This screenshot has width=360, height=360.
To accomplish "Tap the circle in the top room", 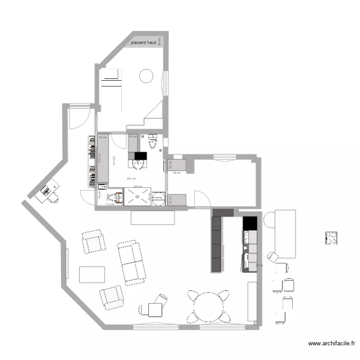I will pos(146,75).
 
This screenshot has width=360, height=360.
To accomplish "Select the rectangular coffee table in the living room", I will pos(92,275).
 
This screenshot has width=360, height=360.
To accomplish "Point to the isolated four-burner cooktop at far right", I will pos(331,238).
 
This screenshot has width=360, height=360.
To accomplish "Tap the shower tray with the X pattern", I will pos(137,197).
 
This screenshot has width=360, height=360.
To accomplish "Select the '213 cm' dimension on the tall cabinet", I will pos(99,158).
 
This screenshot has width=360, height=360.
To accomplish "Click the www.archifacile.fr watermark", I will pos(331,344).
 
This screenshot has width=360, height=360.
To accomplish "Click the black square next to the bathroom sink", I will pos(140,156).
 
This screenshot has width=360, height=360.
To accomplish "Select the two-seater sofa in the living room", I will pos(131,262).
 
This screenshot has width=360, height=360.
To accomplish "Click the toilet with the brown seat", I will pos(116,197).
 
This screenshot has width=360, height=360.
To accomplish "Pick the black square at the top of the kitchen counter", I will pos(250,223).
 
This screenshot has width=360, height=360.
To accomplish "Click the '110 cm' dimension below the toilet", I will pos(109,204).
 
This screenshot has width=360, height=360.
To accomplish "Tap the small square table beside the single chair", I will pos(156,310).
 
